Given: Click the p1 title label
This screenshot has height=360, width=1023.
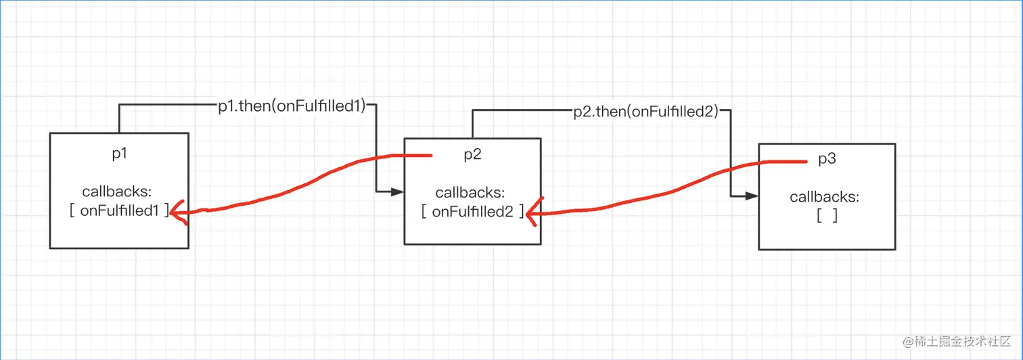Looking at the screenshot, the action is click(119, 154).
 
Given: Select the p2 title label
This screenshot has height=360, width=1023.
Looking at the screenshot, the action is click(472, 154).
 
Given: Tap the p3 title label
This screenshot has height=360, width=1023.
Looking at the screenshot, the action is click(827, 158).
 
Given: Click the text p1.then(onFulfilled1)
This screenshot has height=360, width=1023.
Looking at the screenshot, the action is click(292, 106).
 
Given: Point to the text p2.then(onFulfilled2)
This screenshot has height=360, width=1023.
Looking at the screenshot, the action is click(645, 112).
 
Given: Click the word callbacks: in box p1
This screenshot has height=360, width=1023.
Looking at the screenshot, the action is click(117, 192).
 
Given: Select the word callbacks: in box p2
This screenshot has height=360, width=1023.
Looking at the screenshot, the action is click(470, 193).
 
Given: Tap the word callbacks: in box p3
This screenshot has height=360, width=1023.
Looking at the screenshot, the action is click(824, 197).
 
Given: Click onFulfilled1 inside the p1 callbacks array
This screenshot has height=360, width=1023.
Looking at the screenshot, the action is click(119, 210).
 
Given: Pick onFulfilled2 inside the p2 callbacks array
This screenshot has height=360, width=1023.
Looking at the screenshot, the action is click(473, 212).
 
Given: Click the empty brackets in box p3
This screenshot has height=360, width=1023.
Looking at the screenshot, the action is click(827, 215).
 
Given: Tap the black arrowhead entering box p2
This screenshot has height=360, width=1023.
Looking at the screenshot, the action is click(397, 192).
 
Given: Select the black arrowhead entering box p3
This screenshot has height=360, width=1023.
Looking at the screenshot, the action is click(752, 196).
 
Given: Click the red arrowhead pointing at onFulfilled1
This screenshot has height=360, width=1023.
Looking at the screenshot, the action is click(177, 212).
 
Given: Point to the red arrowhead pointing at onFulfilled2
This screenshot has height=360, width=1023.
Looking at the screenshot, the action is click(533, 212).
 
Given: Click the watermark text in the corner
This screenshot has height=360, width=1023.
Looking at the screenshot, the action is click(956, 341).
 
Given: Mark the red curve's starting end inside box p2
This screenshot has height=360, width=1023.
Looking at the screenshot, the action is click(431, 156).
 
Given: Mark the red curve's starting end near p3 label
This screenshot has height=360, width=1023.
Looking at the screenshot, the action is click(806, 161).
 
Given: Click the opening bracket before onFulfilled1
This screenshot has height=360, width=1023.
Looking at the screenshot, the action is click(72, 210).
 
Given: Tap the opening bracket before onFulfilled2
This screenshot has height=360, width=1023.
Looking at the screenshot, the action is click(424, 212).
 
